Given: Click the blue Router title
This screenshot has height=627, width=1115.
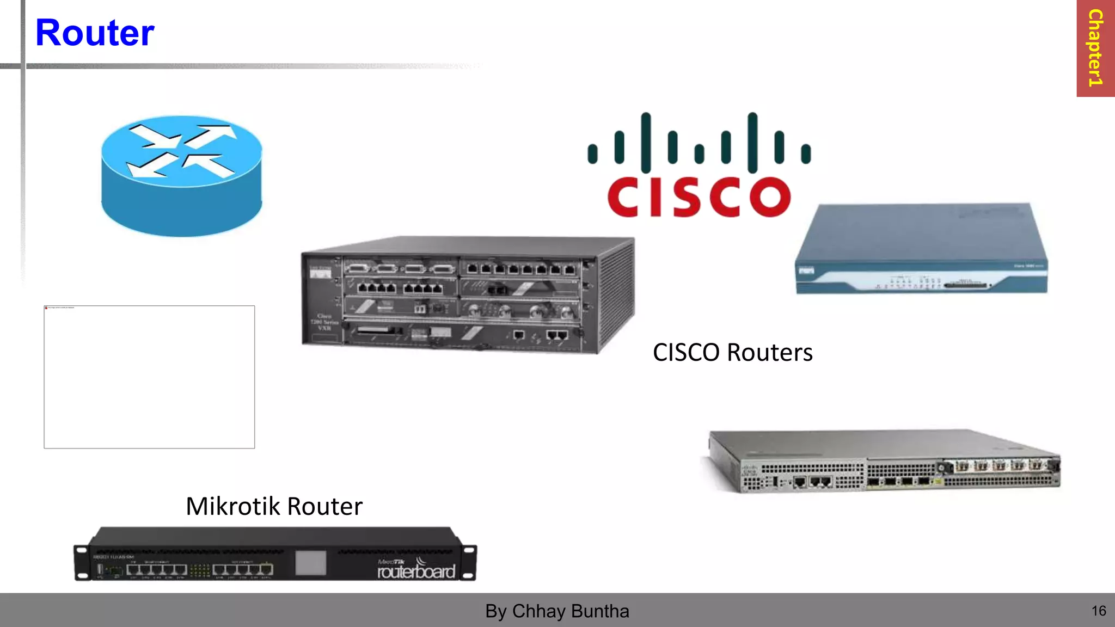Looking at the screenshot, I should tap(95, 33).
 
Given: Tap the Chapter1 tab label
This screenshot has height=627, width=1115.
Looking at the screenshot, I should tap(1095, 48).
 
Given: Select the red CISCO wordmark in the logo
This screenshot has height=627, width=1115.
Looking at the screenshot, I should tap(699, 197).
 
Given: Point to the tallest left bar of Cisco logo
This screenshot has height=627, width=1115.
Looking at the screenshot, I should tap(646, 143).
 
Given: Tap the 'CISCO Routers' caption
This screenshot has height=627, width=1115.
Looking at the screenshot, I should tap(732, 353).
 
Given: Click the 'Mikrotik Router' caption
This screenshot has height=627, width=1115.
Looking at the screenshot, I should tap(274, 506).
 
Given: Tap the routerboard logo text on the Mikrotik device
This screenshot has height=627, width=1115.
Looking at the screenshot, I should tap(416, 571).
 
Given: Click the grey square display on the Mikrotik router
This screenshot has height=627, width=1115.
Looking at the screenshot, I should tap(310, 563).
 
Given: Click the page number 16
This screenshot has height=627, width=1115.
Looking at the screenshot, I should tap(1099, 611).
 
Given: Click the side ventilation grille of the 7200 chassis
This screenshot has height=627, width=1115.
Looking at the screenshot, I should tap(616, 297).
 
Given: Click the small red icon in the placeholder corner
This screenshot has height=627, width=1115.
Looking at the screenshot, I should tap(46, 308).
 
